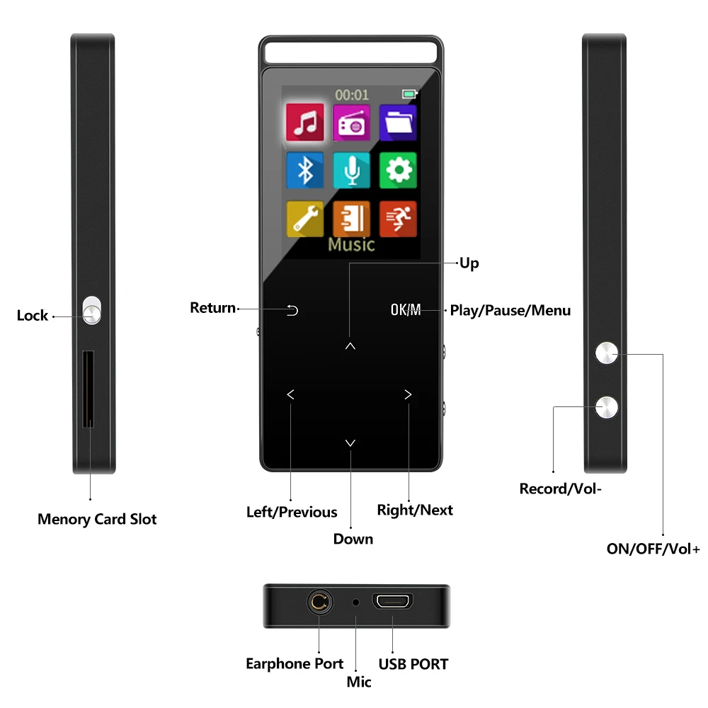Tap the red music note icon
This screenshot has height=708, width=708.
tap(305, 122)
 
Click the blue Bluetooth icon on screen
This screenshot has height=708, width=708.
tap(305, 171)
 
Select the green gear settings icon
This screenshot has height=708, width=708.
tap(397, 171)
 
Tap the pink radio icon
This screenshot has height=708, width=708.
tap(351, 123)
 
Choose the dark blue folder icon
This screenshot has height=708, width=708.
tap(397, 123)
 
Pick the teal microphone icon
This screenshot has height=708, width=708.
tap(351, 171)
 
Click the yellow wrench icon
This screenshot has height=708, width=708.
tap(305, 218)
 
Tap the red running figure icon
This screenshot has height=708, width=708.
tap(397, 218)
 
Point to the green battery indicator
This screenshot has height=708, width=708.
tap(409, 93)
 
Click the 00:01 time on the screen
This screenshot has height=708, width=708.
tap(352, 94)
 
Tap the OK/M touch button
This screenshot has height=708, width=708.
tap(405, 309)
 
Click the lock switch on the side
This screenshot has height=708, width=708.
tap(92, 310)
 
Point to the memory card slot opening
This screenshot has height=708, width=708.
tap(88, 389)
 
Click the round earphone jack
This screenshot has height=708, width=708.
tap(319, 603)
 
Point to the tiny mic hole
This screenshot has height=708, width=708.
tap(355, 603)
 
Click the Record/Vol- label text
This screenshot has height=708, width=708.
tap(561, 489)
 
